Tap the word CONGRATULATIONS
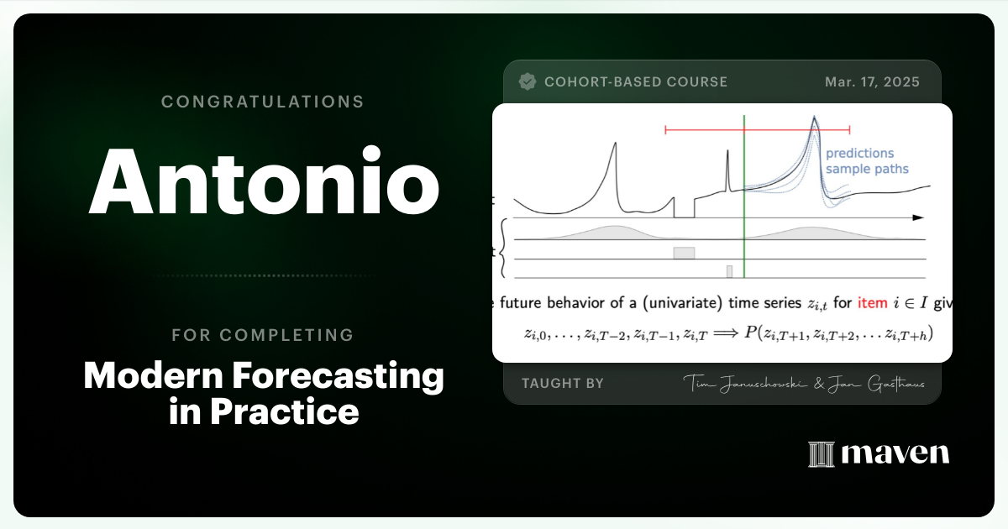click(x=263, y=102)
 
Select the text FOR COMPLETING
click(x=263, y=335)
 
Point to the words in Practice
click(x=264, y=411)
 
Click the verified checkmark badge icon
click(x=528, y=81)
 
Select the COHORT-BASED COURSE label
click(x=636, y=81)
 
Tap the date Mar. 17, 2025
click(x=872, y=81)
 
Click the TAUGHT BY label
click(x=563, y=383)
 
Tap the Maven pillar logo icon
click(x=819, y=454)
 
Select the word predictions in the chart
click(x=859, y=154)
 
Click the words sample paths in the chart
click(x=866, y=169)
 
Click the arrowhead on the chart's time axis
click(x=918, y=217)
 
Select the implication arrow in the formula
click(x=723, y=333)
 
